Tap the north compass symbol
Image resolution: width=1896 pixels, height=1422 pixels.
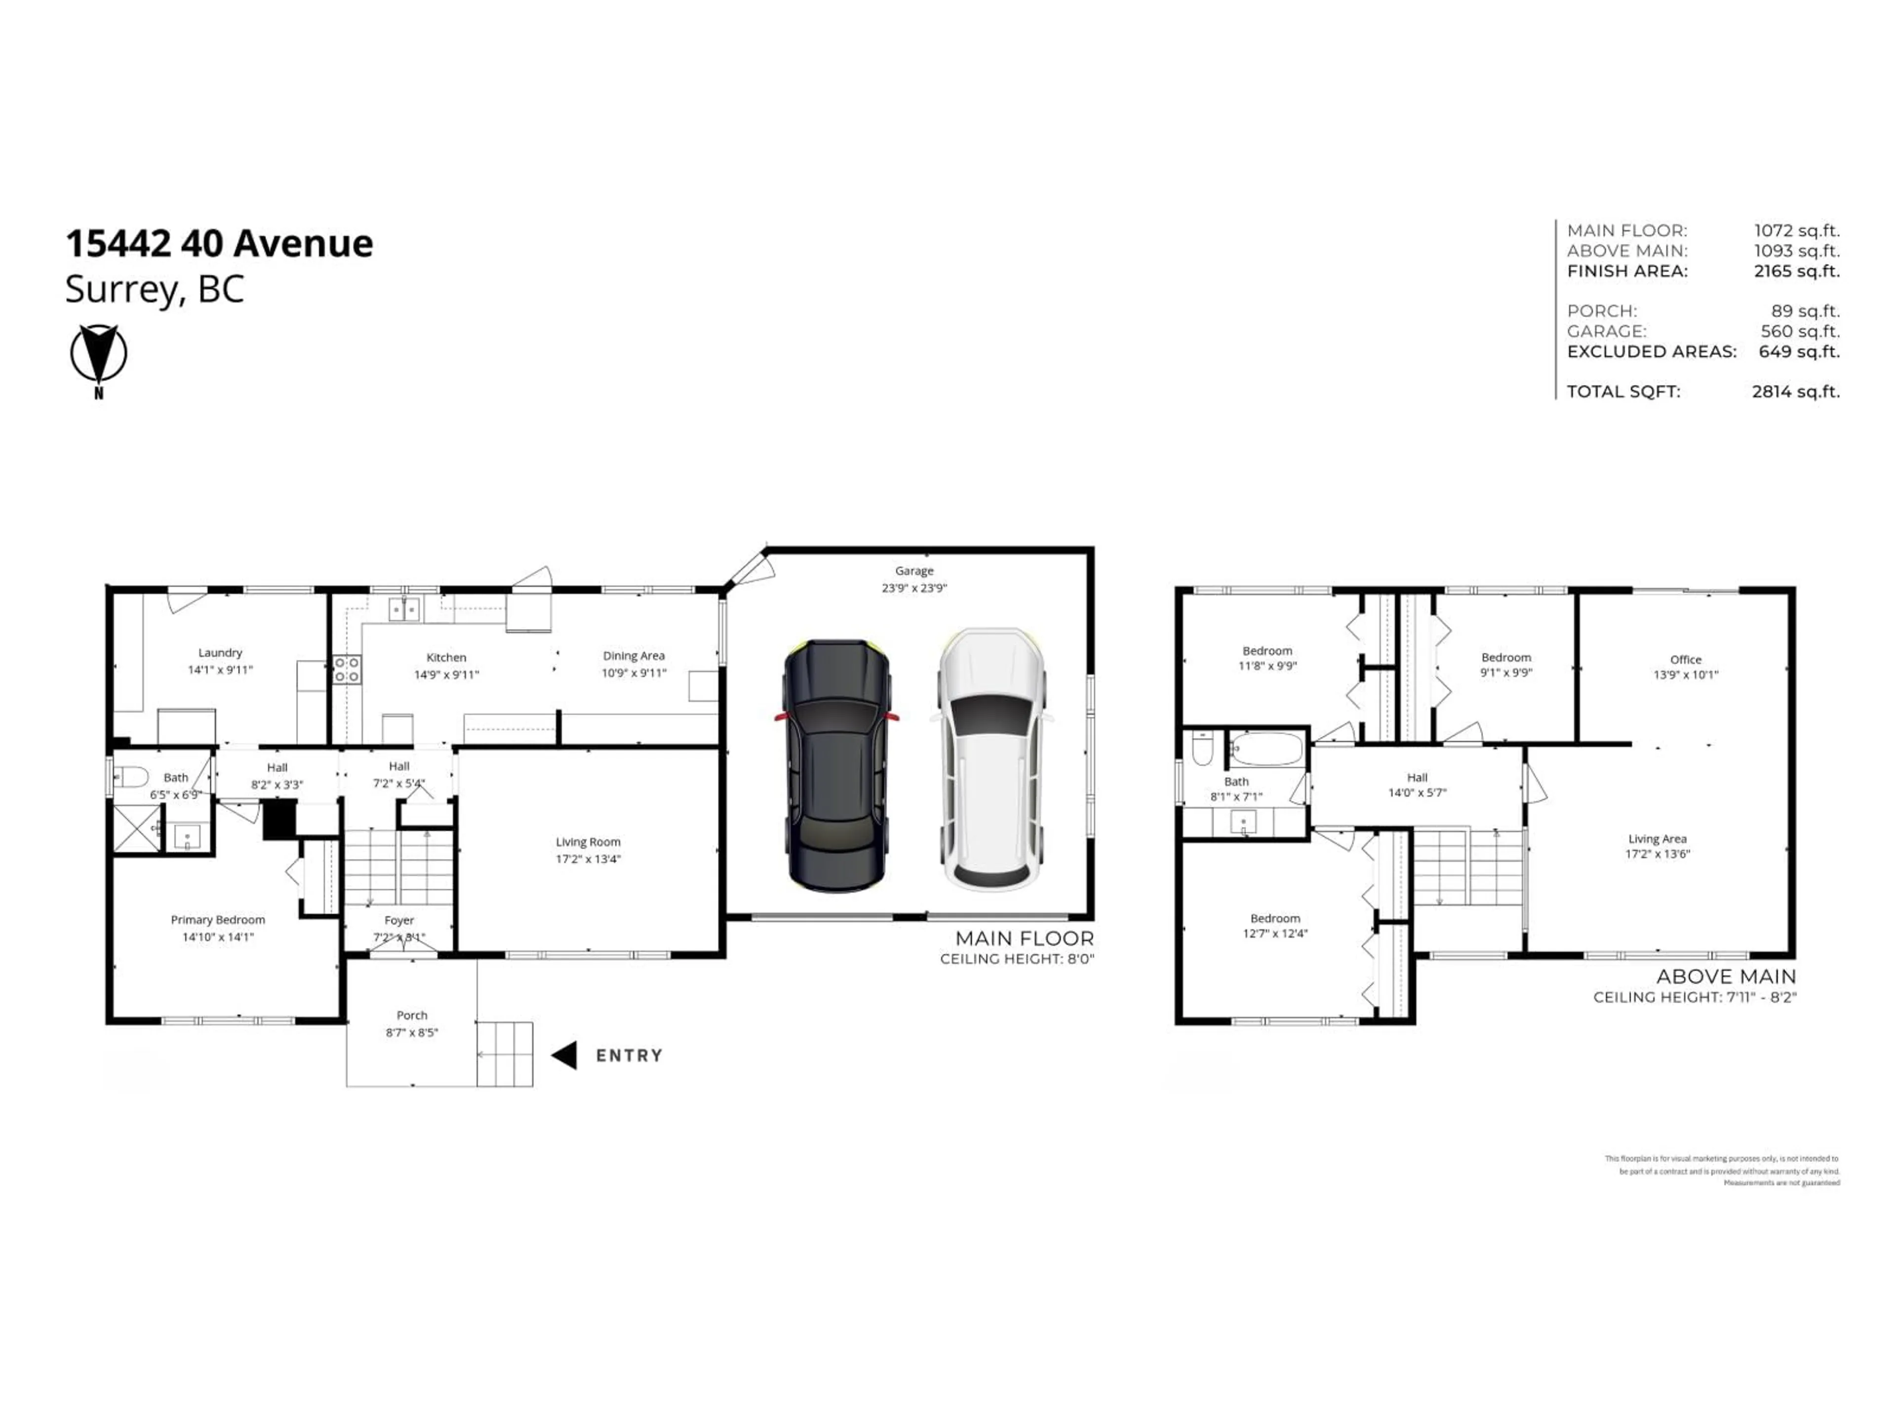[x=99, y=354]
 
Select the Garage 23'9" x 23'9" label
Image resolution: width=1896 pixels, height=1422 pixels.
[x=914, y=580]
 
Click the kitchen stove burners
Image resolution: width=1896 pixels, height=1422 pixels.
[x=346, y=670]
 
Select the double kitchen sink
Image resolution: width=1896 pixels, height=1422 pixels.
[x=404, y=609]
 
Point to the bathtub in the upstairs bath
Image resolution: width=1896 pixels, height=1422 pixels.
[x=1266, y=749]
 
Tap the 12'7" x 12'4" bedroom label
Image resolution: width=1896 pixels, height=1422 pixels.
[x=1275, y=926]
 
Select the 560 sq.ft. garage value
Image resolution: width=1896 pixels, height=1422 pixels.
[x=1800, y=331]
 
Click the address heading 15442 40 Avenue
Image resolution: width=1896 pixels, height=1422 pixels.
[x=219, y=243]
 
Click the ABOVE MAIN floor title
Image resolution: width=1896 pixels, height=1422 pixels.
[x=1726, y=976]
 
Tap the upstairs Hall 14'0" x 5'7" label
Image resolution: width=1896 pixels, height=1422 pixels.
[x=1417, y=784]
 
